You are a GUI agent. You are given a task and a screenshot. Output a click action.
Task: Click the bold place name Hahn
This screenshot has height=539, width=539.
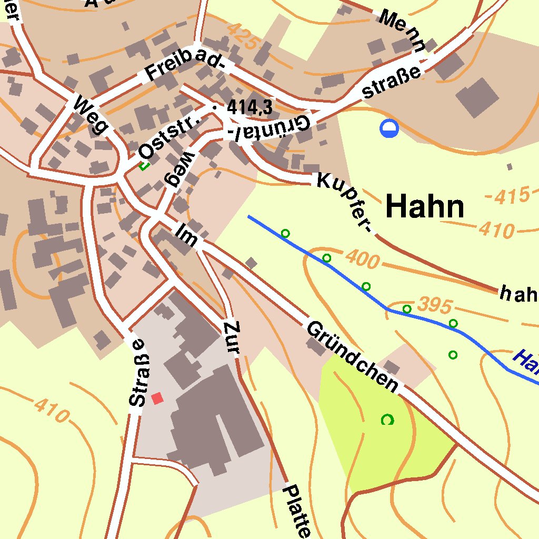[x=425, y=206]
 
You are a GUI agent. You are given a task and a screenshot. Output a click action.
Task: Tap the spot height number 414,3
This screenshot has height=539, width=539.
[x=249, y=108]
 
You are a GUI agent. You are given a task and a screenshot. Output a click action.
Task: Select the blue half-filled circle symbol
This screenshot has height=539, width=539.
[x=389, y=128]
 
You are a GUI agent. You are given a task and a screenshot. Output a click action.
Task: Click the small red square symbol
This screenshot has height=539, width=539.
[x=157, y=398]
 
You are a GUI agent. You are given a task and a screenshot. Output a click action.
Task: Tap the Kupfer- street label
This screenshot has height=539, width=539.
[x=345, y=202]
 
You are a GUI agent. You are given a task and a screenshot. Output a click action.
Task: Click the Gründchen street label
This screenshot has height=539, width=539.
[x=352, y=355]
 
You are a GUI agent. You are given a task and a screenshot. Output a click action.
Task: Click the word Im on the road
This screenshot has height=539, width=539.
[x=188, y=236]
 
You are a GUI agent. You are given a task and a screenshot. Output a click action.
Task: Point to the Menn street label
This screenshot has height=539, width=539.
[x=402, y=31]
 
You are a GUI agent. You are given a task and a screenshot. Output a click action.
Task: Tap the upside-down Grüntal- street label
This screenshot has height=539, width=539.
[x=269, y=128]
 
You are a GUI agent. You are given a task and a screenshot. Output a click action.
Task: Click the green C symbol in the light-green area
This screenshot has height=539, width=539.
[x=387, y=420]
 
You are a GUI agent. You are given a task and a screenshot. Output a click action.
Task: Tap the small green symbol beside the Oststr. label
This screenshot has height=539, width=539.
[x=143, y=166]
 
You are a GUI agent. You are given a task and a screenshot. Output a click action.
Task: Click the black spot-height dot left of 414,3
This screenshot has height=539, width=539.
[x=214, y=107]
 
